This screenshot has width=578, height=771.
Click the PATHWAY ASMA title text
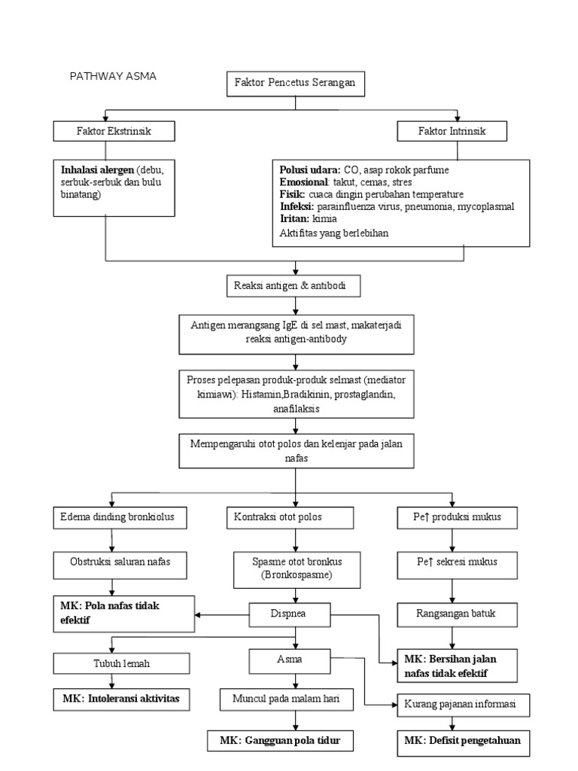[x=113, y=76]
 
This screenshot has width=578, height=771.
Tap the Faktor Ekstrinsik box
[x=114, y=131]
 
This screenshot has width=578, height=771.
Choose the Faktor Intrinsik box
[x=452, y=131]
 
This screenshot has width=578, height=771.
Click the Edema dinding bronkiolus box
[x=112, y=518]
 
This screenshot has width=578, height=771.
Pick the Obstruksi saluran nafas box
[x=112, y=561]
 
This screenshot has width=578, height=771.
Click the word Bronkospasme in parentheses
[x=296, y=575]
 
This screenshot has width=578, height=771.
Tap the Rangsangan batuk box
[x=456, y=614]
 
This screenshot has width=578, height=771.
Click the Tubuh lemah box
[x=112, y=663]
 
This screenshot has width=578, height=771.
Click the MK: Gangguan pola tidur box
[x=280, y=741]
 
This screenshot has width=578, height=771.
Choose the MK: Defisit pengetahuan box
[x=464, y=741]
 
